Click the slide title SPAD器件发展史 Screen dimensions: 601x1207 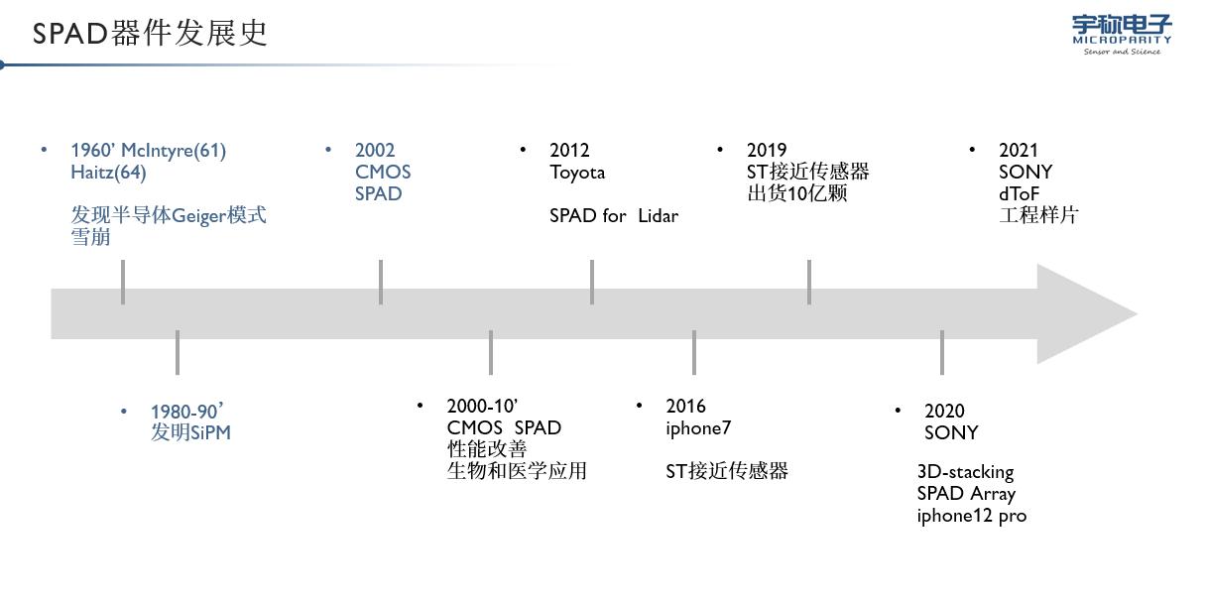click(150, 33)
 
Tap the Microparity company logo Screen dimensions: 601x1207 click(1122, 34)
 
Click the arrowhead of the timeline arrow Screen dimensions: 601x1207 click(1086, 313)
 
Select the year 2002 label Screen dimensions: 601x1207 click(375, 150)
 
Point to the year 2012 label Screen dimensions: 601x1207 click(569, 150)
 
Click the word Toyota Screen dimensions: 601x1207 click(577, 172)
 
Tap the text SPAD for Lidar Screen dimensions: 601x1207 click(613, 215)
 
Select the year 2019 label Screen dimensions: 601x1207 click(767, 150)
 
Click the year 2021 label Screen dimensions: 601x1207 click(1019, 150)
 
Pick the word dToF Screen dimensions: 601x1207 click(1019, 193)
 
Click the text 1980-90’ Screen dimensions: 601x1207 click(187, 411)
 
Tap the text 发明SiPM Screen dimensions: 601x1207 click(190, 432)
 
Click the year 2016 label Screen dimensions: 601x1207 click(685, 406)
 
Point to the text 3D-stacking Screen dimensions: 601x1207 click(965, 471)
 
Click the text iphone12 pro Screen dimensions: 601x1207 click(971, 515)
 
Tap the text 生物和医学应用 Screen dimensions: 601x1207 click(517, 470)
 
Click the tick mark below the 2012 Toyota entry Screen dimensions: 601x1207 click(592, 282)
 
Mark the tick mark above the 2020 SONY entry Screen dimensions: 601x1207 click(942, 352)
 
